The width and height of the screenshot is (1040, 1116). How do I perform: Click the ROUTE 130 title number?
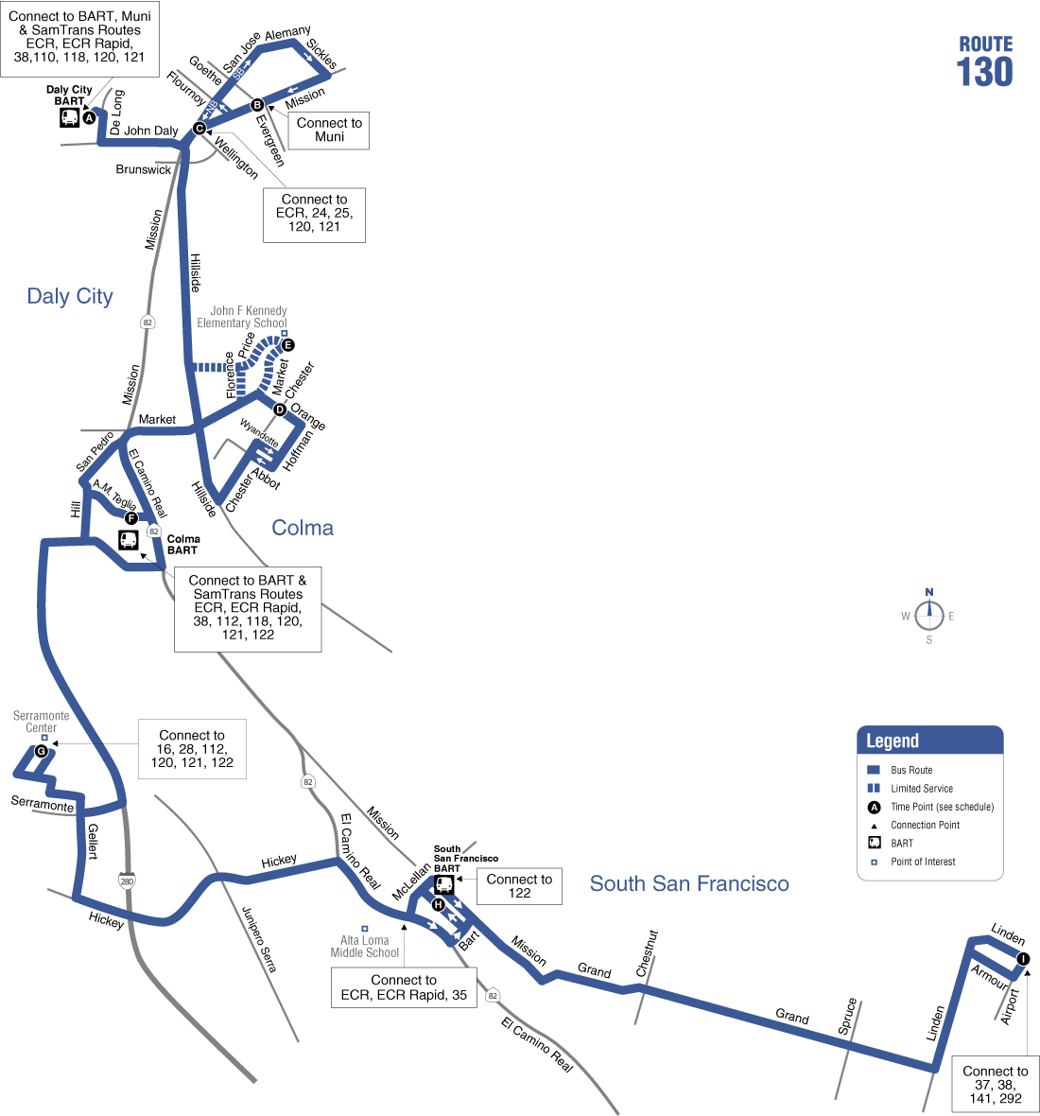984,72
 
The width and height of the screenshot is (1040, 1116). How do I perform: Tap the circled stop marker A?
89,118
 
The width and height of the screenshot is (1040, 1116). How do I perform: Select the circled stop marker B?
257,105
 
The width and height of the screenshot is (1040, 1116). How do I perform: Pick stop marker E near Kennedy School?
288,345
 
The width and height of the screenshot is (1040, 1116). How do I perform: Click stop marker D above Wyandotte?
280,410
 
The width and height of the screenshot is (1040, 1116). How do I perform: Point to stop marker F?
131,518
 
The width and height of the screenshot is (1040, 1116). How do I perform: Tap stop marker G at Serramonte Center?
41,752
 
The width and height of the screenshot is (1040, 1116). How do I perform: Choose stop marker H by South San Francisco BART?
438,905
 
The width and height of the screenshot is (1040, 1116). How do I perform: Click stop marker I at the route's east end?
1023,959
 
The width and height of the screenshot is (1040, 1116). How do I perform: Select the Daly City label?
70,297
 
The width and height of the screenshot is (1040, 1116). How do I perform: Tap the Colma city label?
303,528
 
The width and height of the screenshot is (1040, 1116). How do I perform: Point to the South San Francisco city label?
689,883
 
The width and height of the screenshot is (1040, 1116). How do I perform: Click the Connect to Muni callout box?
329,130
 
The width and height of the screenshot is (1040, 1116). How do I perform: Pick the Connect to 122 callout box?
519,886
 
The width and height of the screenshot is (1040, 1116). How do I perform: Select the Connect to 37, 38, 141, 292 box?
996,1084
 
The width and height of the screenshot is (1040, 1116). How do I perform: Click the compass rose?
929,616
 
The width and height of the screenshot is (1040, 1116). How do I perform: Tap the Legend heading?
893,741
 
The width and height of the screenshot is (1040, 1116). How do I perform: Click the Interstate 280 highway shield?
127,881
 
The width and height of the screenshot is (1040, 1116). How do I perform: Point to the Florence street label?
230,375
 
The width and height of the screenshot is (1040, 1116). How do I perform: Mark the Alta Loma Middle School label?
365,947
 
